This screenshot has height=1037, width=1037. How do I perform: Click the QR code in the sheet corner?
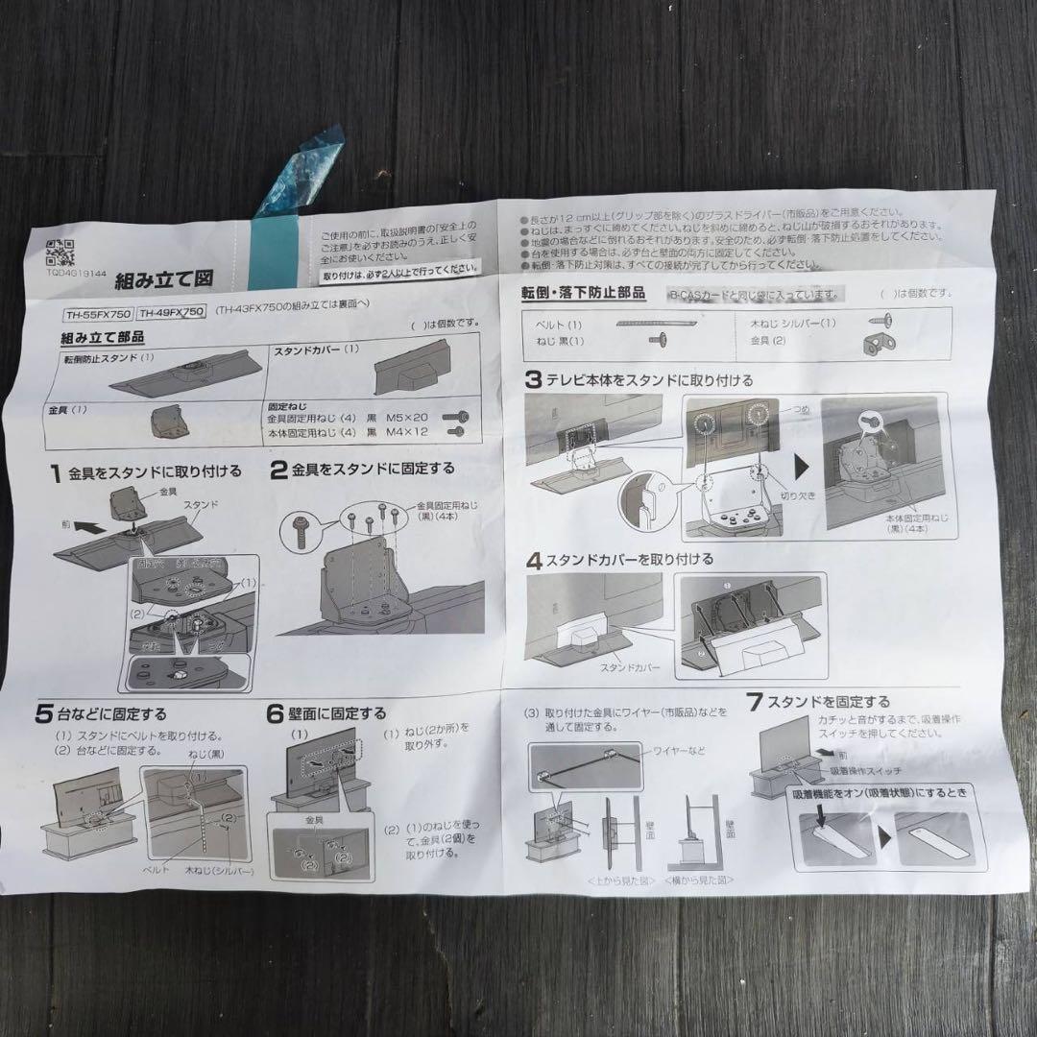coord(60,253)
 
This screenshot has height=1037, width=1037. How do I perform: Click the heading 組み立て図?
coord(163,280)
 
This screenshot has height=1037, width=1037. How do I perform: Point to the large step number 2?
coord(278,470)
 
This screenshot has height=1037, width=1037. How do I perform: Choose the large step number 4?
coord(533,560)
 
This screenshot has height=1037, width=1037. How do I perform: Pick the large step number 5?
coord(44,714)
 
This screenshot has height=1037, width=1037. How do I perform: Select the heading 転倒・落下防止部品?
coord(583,292)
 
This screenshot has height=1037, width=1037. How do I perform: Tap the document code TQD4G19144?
coord(76,272)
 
